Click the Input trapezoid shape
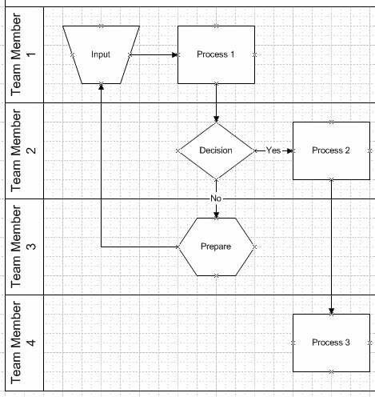click(101, 54)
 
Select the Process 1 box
click(216, 54)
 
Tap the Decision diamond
click(216, 150)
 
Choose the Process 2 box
click(331, 150)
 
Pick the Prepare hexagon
click(216, 247)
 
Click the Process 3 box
click(331, 343)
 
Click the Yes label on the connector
click(273, 150)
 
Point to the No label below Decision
click(215, 198)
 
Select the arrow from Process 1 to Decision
click(216, 102)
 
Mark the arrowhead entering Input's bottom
click(101, 86)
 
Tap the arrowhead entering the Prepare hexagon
click(216, 214)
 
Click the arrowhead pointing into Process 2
click(289, 150)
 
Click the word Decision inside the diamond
click(216, 150)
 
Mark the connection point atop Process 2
click(331, 122)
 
